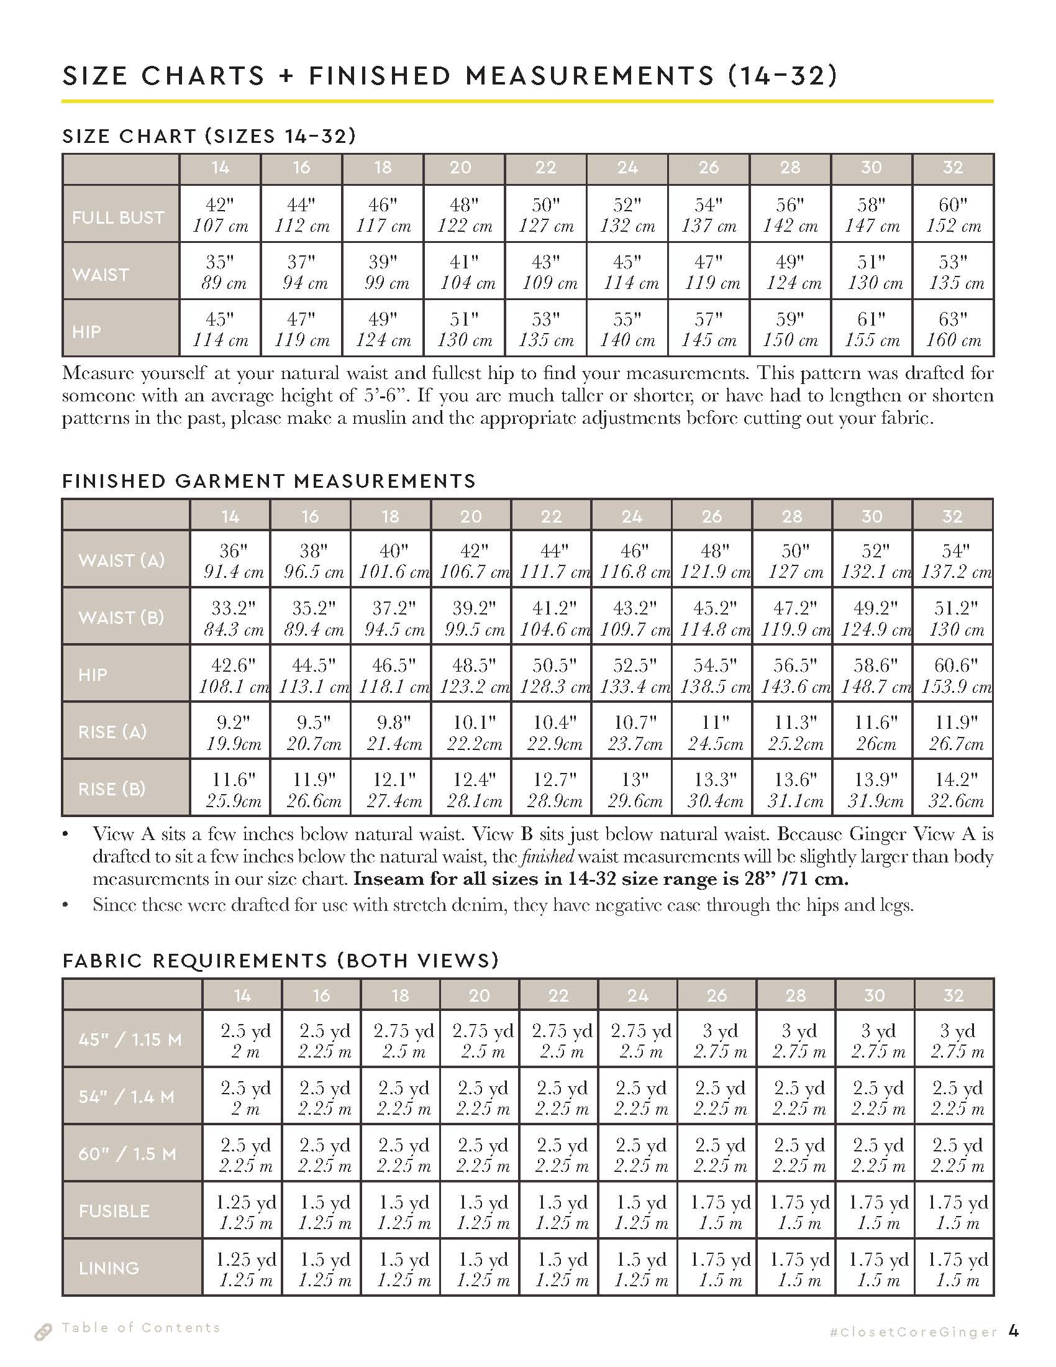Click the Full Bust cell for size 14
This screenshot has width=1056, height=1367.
pos(221,215)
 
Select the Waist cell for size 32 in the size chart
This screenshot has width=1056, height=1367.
pos(954,272)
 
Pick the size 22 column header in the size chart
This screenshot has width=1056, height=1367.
pos(545,168)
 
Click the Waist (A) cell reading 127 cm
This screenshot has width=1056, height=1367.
pos(792,561)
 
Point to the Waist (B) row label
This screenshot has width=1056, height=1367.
pos(121,617)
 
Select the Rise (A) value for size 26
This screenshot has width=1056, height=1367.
pos(712,733)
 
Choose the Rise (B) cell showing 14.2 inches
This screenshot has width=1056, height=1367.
pos(954,789)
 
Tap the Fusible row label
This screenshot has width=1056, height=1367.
pos(114,1211)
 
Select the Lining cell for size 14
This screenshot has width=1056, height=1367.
pos(244,1268)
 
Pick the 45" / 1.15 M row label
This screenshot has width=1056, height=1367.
pos(130,1040)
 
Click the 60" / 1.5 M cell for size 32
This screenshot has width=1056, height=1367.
pos(955,1154)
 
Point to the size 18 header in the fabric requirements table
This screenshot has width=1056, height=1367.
pos(401,995)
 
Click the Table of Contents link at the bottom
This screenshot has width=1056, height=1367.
pos(142,1328)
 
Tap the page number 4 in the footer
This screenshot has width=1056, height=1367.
pos(1014,1331)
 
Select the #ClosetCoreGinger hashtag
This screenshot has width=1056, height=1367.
pos(913,1332)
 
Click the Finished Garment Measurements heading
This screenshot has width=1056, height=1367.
pos(269,481)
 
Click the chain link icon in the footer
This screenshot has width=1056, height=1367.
pos(43,1333)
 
